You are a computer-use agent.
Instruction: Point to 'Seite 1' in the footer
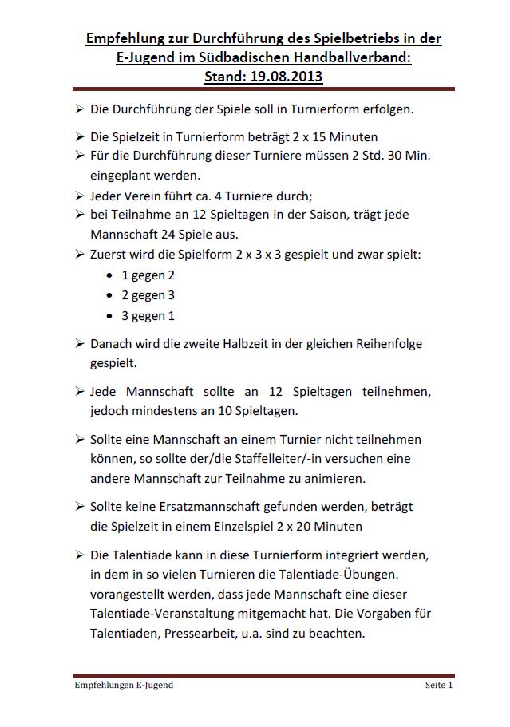pyautogui.click(x=438, y=685)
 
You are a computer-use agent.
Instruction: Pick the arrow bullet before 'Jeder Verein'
pyautogui.click(x=80, y=195)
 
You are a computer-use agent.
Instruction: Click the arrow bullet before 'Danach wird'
pyautogui.click(x=80, y=344)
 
